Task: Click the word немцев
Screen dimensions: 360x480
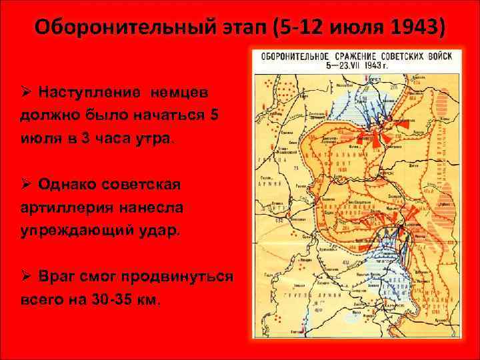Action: (x=161, y=91)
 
